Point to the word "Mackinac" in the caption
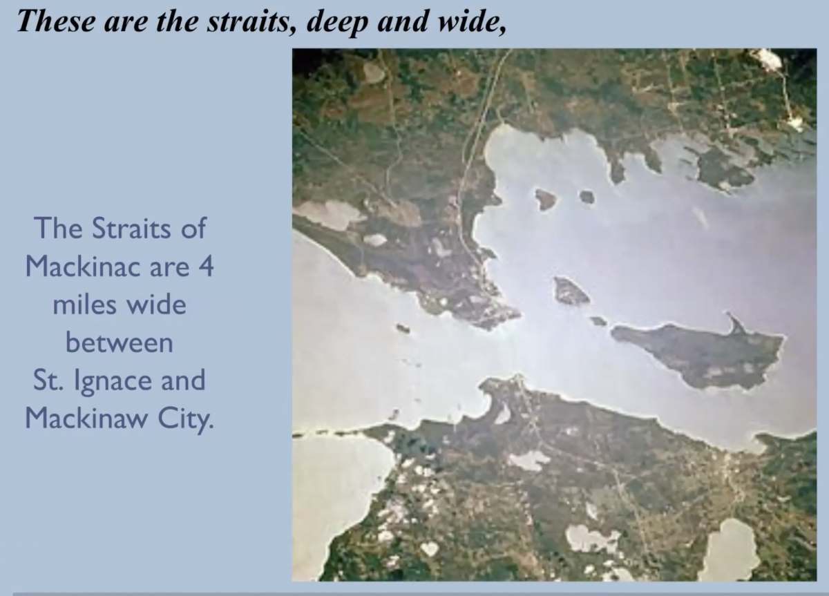[84, 267]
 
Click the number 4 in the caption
[206, 267]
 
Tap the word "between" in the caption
[119, 343]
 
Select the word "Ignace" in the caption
[113, 382]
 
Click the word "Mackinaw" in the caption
[84, 418]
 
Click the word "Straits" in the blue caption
[131, 229]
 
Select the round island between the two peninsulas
[571, 291]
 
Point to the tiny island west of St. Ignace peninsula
[403, 328]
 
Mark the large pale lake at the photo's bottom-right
[728, 550]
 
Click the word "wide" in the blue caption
[156, 305]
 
